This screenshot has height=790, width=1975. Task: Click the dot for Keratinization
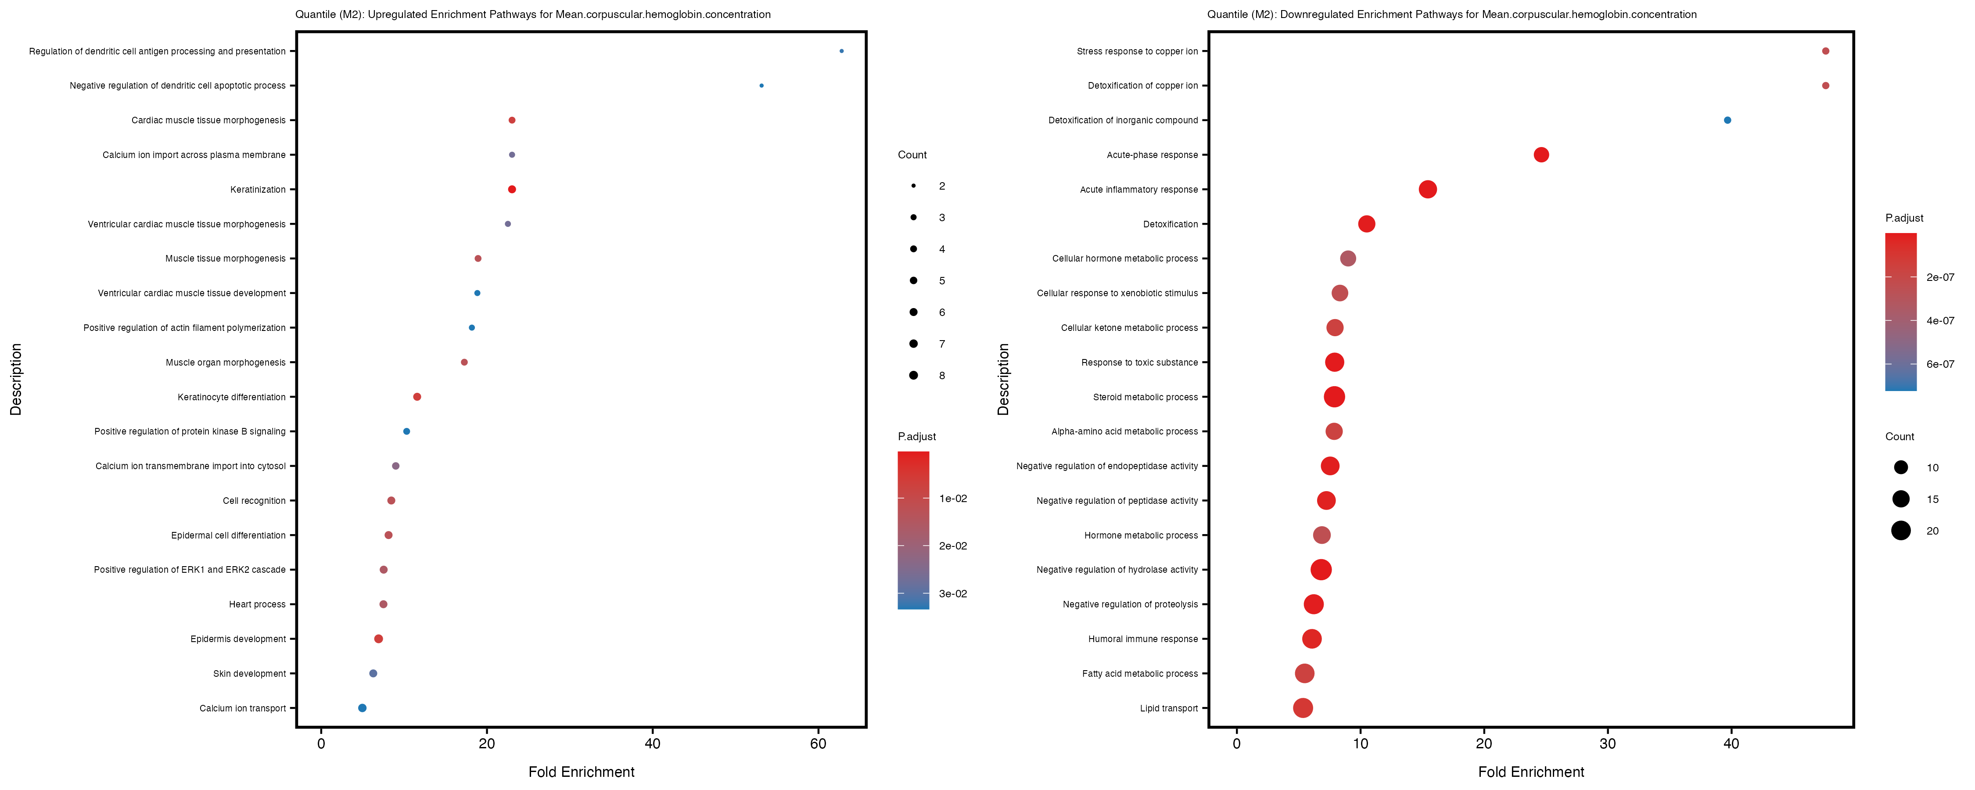pos(512,190)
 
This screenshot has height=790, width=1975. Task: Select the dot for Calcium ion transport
pos(362,708)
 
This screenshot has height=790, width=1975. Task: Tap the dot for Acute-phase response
pos(1541,155)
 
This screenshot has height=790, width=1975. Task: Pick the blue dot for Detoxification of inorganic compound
pos(1727,120)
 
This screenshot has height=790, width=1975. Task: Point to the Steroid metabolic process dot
pos(1334,396)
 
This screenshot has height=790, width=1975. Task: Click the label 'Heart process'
pos(257,604)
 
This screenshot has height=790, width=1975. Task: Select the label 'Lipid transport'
pos(1168,708)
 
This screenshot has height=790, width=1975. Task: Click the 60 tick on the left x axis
pos(818,743)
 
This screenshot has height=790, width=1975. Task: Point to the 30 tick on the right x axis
pos(1608,743)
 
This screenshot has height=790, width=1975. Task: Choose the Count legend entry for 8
pos(914,375)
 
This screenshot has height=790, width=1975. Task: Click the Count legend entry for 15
pos(1901,499)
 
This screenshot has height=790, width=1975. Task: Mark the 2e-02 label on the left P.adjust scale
pos(953,546)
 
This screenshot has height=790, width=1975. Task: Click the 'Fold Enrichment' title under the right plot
pos(1531,772)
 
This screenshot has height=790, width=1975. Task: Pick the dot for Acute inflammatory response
pos(1428,190)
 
